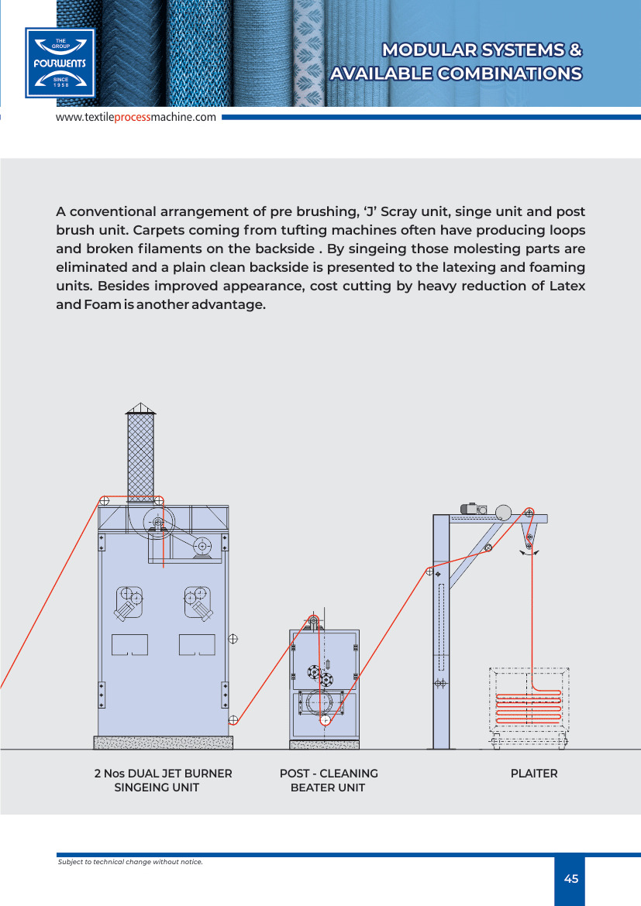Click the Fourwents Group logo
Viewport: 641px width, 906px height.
pos(60,63)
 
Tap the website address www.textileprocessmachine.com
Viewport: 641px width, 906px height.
pos(135,117)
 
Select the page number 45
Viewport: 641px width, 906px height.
pos(570,879)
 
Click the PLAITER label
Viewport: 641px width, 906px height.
pos(533,774)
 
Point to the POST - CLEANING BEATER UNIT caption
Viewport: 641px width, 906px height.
pos(328,781)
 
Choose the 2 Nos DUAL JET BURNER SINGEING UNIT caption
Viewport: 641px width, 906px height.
pos(162,781)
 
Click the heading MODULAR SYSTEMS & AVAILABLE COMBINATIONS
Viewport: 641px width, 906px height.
pos(456,62)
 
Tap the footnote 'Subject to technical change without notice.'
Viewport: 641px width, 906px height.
pos(130,862)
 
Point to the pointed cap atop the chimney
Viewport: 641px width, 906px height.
pos(140,408)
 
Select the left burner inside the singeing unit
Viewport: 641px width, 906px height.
pos(130,602)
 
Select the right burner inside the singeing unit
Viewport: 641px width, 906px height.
pos(197,602)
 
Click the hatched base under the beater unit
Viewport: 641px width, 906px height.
pos(324,744)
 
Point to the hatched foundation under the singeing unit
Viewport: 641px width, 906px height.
pos(163,743)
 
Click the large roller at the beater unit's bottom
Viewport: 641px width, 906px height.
pos(323,704)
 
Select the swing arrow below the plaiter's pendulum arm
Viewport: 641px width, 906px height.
pos(529,553)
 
